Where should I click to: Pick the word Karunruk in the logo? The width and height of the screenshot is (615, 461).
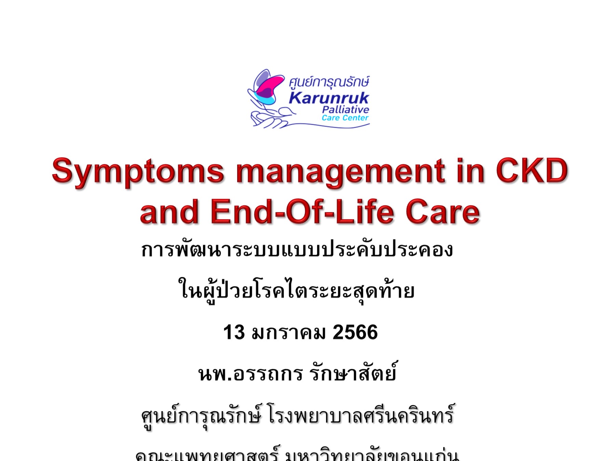pos(329,98)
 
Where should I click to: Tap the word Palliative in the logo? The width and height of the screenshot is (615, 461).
pos(345,110)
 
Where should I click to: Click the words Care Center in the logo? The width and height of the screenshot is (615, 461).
pos(345,118)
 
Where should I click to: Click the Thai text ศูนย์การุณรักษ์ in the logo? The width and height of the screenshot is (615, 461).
pos(329,82)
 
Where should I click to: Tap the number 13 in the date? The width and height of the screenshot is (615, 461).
pos(234,332)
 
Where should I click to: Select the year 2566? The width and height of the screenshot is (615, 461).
pos(355,332)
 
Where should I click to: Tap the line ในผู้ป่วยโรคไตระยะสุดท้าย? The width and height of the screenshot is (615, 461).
pos(297,291)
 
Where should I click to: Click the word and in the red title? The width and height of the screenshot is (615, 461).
pos(169,212)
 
